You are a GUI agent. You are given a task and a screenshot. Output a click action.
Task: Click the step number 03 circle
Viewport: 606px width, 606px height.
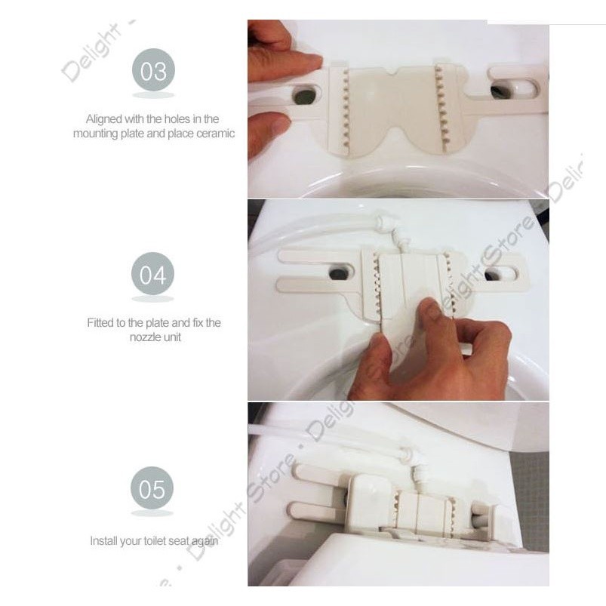click(153, 70)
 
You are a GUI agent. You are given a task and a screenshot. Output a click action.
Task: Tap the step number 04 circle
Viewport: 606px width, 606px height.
click(152, 274)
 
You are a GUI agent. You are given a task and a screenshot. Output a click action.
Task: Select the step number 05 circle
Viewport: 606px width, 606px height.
click(152, 488)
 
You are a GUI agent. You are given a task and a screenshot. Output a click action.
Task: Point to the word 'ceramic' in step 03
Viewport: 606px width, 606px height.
click(215, 134)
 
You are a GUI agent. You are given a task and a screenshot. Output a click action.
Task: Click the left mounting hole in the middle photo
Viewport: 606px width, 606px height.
click(340, 273)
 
